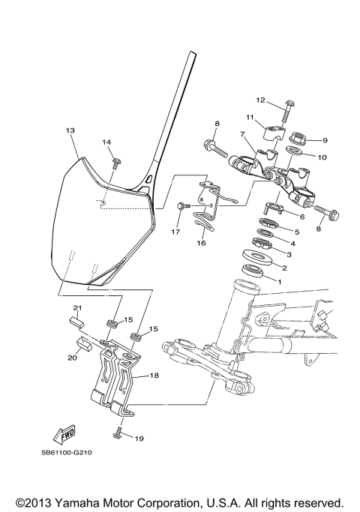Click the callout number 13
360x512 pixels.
(70, 130)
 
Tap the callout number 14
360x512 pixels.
(106, 142)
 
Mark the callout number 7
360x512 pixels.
(243, 134)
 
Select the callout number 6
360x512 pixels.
(301, 217)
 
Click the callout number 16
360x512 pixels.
(201, 244)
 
